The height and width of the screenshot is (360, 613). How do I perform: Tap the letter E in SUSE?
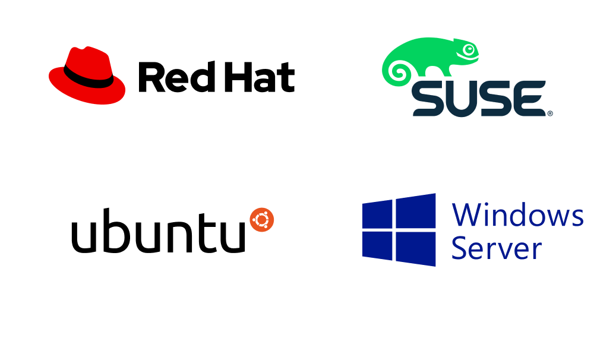pos(530,99)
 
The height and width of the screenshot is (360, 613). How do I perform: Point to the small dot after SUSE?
pos(549,113)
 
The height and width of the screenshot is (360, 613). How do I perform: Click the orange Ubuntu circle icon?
pos(261,220)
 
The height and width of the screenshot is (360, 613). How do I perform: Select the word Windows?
pos(517,215)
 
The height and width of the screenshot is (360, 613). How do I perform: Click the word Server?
pos(495,248)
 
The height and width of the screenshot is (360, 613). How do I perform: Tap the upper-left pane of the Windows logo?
pos(378,214)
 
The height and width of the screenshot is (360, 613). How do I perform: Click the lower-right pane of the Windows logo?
pos(415,248)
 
